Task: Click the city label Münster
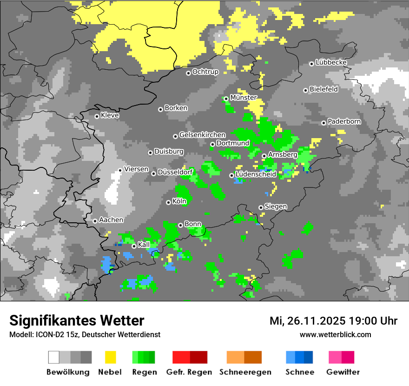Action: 243,98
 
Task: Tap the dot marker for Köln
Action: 168,202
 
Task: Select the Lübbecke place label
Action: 331,62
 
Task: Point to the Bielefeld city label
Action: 323,89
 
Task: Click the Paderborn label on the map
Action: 344,122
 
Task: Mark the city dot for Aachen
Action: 95,221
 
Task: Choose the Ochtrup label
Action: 205,72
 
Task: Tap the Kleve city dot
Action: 97,116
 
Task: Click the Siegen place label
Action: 276,206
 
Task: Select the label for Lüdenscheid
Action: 256,174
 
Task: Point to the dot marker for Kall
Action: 134,246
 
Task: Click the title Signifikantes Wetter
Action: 77,320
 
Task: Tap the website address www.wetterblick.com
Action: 335,334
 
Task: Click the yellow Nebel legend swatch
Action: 110,357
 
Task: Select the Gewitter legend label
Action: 343,372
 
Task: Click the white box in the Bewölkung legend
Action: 54,357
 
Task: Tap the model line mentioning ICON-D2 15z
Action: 85,334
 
